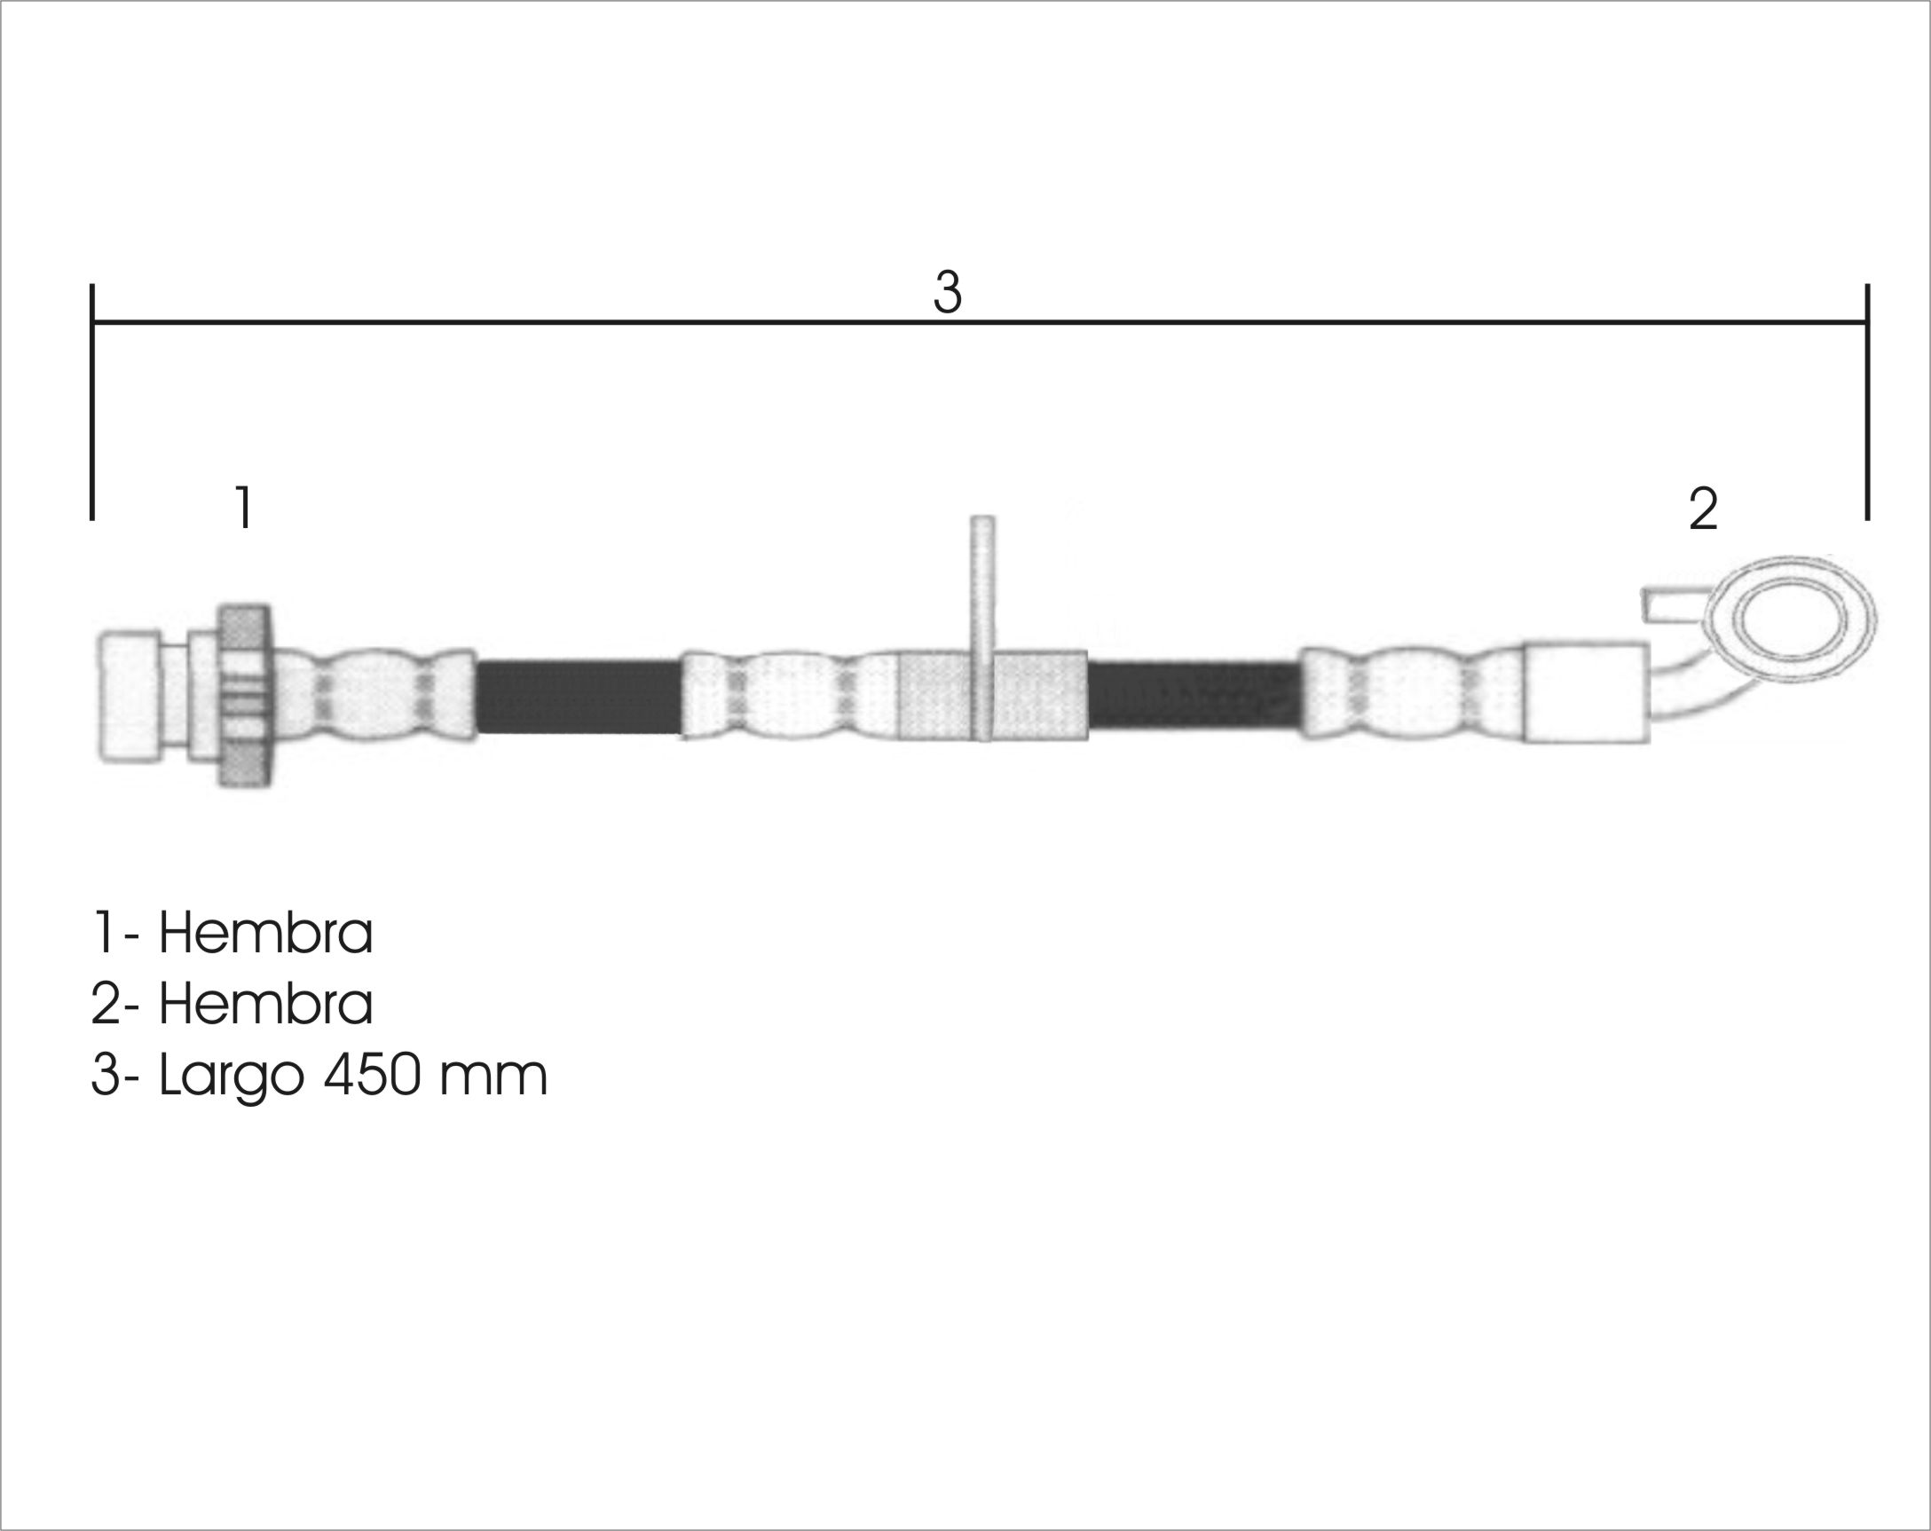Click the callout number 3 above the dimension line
click(x=947, y=292)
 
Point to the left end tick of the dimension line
click(x=92, y=401)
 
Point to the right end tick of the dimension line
click(x=1867, y=401)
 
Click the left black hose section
click(x=579, y=697)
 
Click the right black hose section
click(x=1194, y=695)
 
